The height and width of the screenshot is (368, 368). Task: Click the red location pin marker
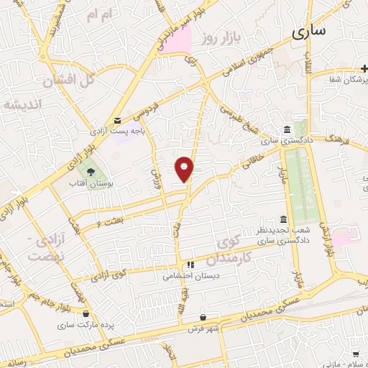(185, 169)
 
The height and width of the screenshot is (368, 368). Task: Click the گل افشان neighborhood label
(69, 81)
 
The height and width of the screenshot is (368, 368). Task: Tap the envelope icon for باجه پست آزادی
(118, 121)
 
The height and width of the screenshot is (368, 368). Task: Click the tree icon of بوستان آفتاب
(91, 172)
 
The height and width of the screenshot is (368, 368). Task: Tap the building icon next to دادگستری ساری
(287, 129)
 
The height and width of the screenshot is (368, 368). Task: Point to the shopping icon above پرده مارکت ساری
(87, 313)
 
